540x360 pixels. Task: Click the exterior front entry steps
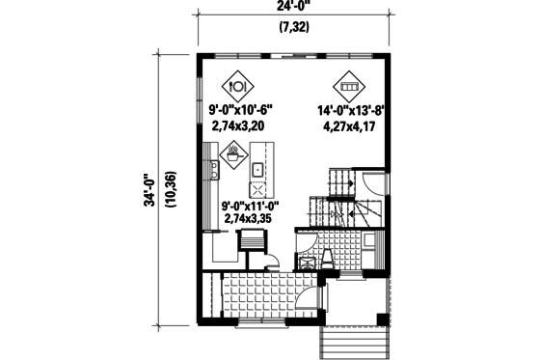coord(354,340)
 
